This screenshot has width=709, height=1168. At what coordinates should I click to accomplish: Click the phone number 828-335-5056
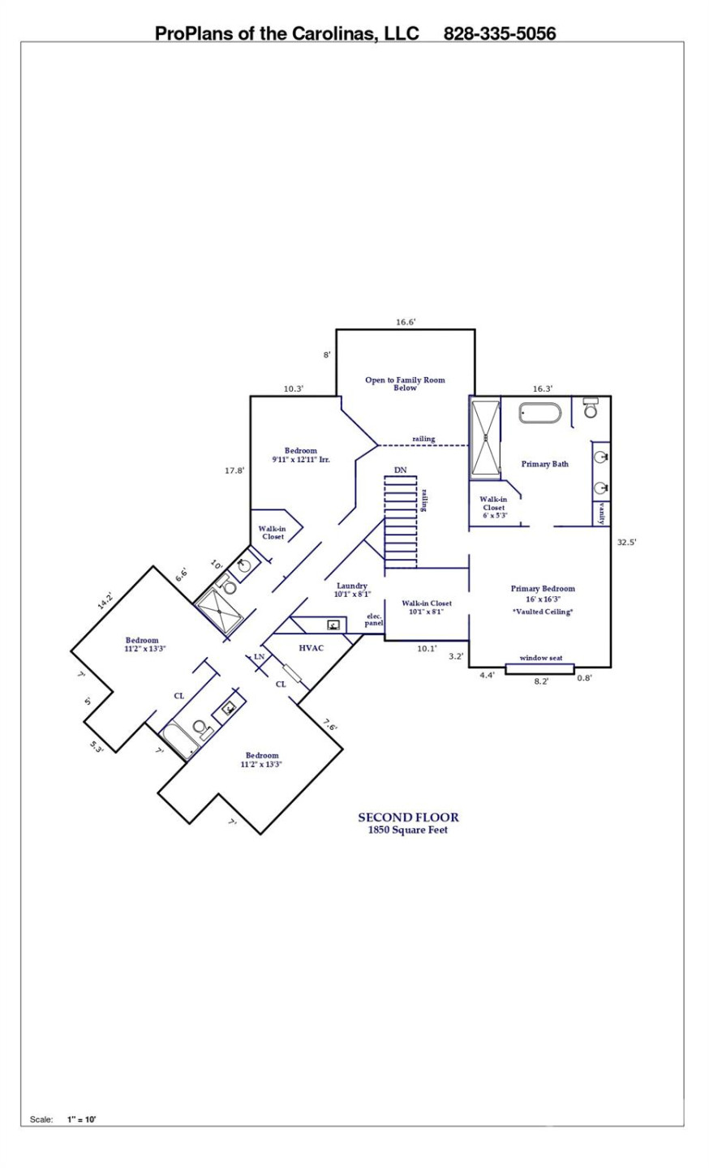[499, 33]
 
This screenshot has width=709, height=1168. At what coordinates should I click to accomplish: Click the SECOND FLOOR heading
[408, 818]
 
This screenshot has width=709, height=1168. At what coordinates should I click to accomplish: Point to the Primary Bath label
[544, 464]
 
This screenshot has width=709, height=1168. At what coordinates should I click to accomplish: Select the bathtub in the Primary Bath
[539, 414]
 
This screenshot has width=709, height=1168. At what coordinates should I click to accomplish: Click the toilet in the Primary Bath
[591, 408]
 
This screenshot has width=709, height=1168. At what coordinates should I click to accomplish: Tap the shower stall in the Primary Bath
[486, 437]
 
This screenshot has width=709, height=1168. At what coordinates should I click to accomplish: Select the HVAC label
[312, 648]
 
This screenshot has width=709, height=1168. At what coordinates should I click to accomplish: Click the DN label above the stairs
[400, 470]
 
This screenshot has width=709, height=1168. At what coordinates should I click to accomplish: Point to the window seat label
[541, 658]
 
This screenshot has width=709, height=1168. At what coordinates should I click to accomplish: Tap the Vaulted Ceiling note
[542, 612]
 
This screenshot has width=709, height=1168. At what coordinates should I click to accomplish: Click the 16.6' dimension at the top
[406, 322]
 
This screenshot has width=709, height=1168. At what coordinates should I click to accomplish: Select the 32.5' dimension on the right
[626, 543]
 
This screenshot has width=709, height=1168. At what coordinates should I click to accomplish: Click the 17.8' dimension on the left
[234, 470]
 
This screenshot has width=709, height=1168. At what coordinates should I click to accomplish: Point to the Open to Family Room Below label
[405, 384]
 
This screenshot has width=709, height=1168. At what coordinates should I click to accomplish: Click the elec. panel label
[374, 619]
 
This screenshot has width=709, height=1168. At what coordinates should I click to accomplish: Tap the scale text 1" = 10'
[82, 1119]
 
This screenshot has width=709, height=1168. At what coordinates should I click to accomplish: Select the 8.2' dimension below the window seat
[541, 681]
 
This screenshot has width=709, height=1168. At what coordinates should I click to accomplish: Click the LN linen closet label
[260, 656]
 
